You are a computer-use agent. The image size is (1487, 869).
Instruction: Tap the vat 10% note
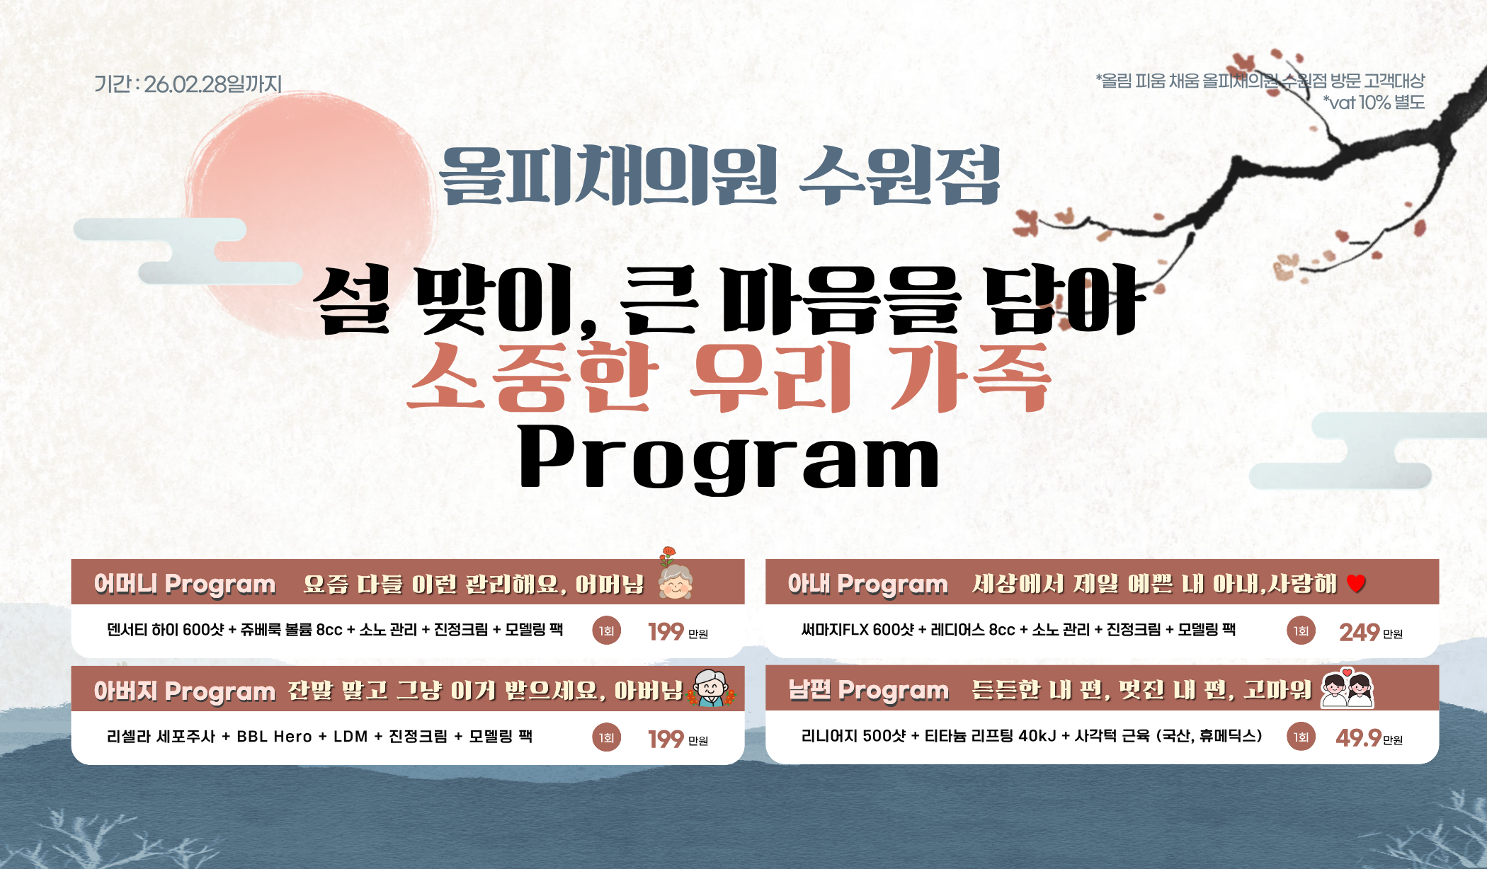point(1374,103)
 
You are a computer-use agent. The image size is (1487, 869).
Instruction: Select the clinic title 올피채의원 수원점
point(719,175)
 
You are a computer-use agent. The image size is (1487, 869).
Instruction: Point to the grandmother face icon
point(675,581)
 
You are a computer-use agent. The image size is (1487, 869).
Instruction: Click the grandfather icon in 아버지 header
point(711,688)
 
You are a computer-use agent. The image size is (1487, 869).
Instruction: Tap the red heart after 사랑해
point(1356,584)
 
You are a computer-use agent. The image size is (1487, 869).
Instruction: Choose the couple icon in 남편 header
point(1347,688)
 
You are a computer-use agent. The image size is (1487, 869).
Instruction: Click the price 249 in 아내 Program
point(1359,632)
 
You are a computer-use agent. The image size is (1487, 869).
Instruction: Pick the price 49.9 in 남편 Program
point(1358,738)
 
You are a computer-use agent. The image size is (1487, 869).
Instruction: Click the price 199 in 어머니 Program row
point(666,631)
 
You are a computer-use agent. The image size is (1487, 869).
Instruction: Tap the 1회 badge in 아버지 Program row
point(606,738)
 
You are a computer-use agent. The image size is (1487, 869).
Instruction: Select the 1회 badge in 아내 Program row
point(1301,631)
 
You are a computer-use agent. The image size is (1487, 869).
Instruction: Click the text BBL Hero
point(274,737)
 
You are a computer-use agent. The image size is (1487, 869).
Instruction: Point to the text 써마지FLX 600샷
point(858,630)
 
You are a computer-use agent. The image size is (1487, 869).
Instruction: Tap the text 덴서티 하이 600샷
point(165,630)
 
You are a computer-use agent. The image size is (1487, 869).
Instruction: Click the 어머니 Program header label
point(185,585)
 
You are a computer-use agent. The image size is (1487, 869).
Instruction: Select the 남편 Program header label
point(869,691)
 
